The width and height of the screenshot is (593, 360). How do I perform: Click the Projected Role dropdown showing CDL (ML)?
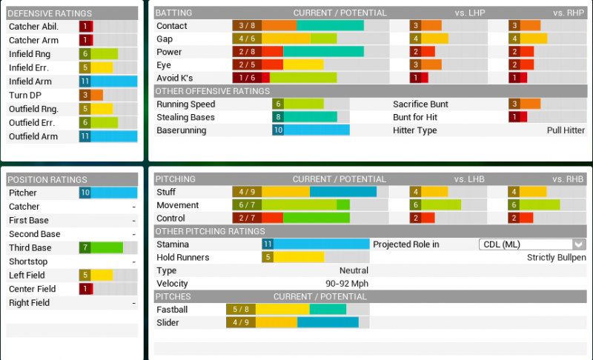pyautogui.click(x=531, y=244)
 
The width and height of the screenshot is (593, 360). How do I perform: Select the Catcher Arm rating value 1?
pyautogui.click(x=85, y=40)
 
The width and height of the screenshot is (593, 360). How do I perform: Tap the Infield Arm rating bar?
pyautogui.click(x=108, y=81)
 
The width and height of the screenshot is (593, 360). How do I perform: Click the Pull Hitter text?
pyautogui.click(x=566, y=130)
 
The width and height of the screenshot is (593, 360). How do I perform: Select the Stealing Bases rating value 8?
pyautogui.click(x=278, y=117)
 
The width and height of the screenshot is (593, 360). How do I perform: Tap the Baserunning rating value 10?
pyautogui.click(x=278, y=130)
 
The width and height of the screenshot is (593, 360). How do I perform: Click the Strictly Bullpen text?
pyautogui.click(x=556, y=258)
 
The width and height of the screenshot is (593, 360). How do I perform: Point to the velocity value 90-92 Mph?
pyautogui.click(x=348, y=284)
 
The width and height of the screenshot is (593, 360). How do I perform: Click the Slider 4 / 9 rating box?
pyautogui.click(x=241, y=323)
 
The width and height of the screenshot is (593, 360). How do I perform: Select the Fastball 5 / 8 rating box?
pyautogui.click(x=241, y=310)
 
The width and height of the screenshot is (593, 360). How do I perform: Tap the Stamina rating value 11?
pyautogui.click(x=268, y=244)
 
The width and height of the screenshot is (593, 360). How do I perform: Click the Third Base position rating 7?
pyautogui.click(x=85, y=248)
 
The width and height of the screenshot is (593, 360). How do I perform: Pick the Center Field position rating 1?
pyautogui.click(x=85, y=289)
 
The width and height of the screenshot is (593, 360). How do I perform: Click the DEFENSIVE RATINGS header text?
pyautogui.click(x=50, y=13)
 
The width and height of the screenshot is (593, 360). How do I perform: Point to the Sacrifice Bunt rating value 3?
pyautogui.click(x=514, y=104)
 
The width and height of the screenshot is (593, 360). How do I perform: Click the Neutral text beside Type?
pyautogui.click(x=354, y=271)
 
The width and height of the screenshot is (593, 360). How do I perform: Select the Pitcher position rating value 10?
pyautogui.click(x=85, y=193)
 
